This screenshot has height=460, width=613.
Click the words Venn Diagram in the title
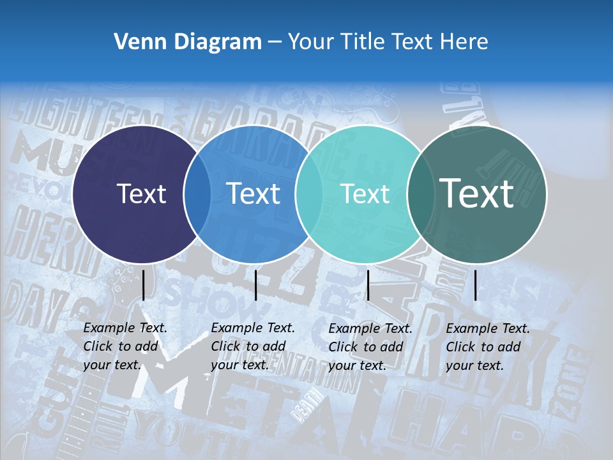tap(188, 42)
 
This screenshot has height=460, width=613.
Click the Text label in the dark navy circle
tap(141, 194)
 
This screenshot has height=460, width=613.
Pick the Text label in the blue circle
tap(254, 194)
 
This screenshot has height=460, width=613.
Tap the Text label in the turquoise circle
tap(365, 194)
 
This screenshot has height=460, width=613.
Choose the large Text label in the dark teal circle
tap(477, 194)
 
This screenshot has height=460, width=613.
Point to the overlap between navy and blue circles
tap(197, 194)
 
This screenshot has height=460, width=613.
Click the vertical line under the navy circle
tap(144, 285)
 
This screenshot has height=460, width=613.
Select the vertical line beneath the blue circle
tap(256, 285)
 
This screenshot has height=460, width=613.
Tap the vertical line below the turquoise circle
tap(368, 285)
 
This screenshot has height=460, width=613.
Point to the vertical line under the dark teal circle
tap(476, 285)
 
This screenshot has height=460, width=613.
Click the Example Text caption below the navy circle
tap(125, 346)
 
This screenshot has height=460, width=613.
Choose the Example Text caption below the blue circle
tap(253, 346)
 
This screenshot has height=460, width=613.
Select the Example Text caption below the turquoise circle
tap(370, 347)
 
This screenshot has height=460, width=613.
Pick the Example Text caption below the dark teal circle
tap(488, 347)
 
